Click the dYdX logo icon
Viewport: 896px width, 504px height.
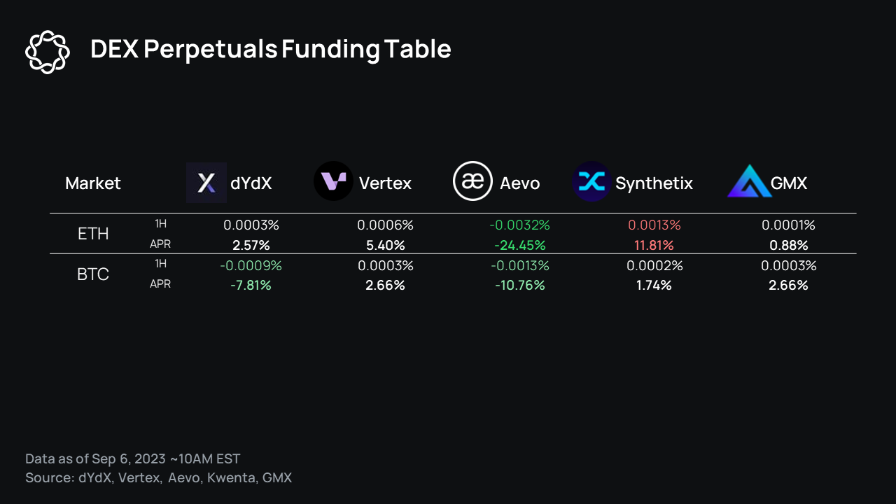point(206,183)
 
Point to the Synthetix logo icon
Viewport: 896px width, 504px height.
point(591,182)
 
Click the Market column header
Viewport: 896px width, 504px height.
point(93,183)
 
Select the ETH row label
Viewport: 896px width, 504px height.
point(93,234)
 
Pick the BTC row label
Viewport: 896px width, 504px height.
point(93,274)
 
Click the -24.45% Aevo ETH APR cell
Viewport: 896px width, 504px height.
point(520,246)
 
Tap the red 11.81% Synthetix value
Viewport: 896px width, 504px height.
point(654,246)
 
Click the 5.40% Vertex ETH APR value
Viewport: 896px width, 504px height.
point(385,246)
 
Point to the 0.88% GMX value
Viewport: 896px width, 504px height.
point(788,246)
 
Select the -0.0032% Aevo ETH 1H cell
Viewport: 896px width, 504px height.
point(520,225)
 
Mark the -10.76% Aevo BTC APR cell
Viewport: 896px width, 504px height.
point(519,286)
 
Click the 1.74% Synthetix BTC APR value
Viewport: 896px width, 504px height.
point(654,286)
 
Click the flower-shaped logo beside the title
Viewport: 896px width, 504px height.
point(48,51)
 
